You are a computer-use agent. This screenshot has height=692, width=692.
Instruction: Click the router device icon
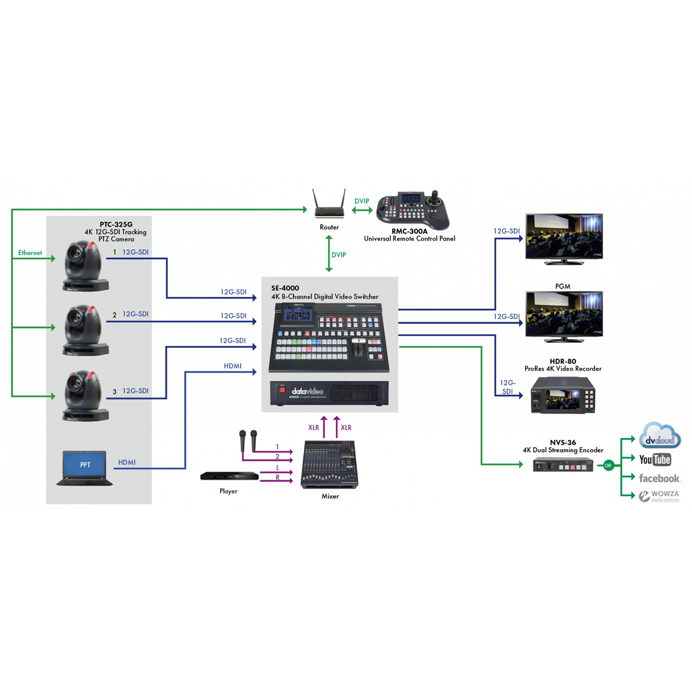(x=329, y=205)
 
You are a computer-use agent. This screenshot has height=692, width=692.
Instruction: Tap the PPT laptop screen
(x=85, y=465)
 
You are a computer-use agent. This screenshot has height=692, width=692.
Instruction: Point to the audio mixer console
(x=330, y=464)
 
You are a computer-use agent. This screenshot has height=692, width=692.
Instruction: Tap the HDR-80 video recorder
(x=563, y=395)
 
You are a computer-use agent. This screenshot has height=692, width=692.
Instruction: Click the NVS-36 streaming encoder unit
(x=563, y=465)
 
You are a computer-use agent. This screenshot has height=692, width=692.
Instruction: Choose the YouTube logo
(x=655, y=460)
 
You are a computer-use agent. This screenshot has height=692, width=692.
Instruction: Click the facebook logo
(x=659, y=478)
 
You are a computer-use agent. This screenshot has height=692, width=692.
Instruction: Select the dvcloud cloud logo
(x=660, y=437)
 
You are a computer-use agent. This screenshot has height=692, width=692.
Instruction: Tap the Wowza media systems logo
(x=659, y=496)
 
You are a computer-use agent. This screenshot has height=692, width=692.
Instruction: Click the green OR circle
(x=608, y=465)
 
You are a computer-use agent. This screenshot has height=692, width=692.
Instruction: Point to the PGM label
(x=563, y=286)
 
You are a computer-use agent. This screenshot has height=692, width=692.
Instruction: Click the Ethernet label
(x=30, y=252)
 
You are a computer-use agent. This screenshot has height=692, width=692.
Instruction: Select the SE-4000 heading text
(x=285, y=288)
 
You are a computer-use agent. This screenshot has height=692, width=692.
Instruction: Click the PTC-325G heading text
(x=116, y=224)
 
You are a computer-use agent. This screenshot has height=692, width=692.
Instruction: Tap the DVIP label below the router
(x=339, y=255)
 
